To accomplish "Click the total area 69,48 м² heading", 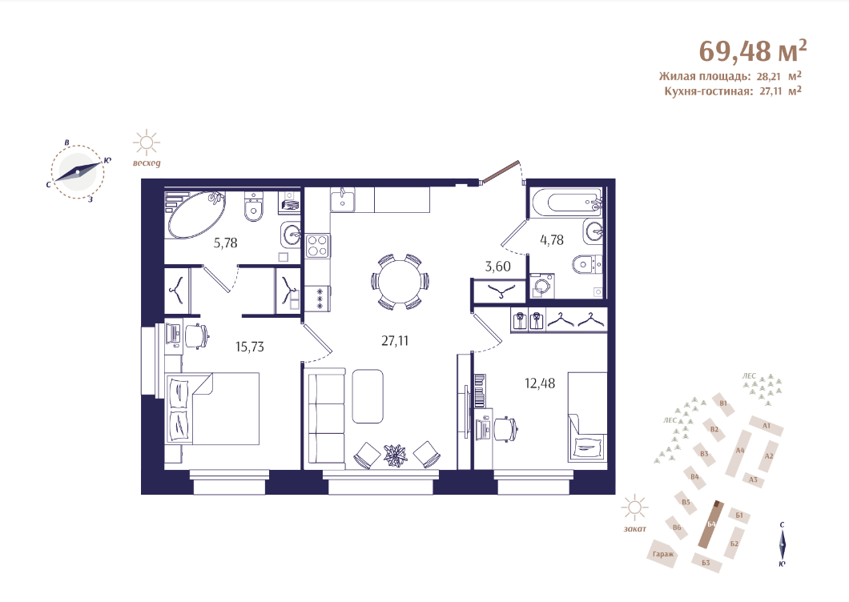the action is [x=753, y=51].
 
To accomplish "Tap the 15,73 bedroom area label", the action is [x=250, y=347].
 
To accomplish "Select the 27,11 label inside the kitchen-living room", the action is [x=395, y=341].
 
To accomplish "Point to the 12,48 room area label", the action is [x=540, y=383].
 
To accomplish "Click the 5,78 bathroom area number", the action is [x=225, y=243].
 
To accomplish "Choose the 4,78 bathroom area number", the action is [x=552, y=240].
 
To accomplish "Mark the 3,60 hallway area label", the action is [x=497, y=267].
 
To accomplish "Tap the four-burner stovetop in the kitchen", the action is [x=318, y=245].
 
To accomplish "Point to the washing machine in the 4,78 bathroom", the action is [x=542, y=286].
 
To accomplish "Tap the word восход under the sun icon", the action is [x=147, y=163].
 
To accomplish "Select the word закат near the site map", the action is [x=634, y=529].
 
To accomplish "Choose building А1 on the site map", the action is [x=767, y=426].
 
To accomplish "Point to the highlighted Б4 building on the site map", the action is [x=711, y=524].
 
